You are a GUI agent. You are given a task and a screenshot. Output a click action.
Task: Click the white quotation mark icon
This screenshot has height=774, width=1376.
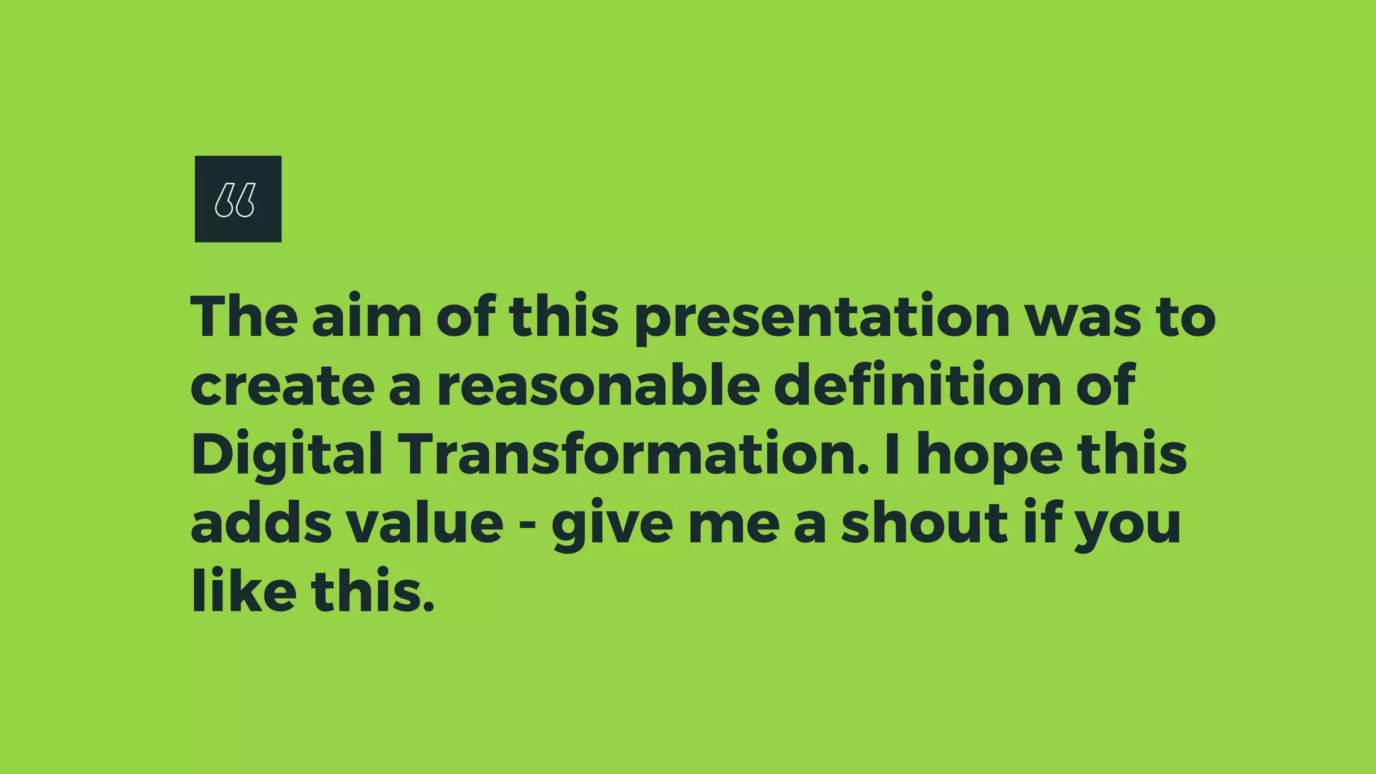pyautogui.click(x=235, y=200)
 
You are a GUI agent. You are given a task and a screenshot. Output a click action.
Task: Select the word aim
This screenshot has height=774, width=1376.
pyautogui.click(x=367, y=316)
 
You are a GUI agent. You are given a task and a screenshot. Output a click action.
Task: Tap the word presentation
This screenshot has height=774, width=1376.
pyautogui.click(x=822, y=319)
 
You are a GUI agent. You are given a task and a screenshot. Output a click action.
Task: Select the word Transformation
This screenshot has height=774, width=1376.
pyautogui.click(x=634, y=454)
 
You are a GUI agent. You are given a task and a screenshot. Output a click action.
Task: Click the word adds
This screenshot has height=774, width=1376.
pyautogui.click(x=261, y=523)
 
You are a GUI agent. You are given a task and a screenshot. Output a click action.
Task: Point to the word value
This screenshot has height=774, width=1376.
pyautogui.click(x=425, y=523)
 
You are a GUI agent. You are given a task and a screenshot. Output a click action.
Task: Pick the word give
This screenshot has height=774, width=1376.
pyautogui.click(x=612, y=526)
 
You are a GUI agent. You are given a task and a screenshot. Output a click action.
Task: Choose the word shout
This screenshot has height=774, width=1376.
pyautogui.click(x=925, y=523)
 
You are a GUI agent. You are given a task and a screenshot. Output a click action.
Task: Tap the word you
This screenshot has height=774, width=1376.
pyautogui.click(x=1128, y=526)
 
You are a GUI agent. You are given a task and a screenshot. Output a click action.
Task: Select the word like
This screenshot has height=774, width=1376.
pyautogui.click(x=244, y=591)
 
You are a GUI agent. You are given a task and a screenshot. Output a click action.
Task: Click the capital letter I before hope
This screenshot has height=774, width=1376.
pyautogui.click(x=892, y=454)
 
